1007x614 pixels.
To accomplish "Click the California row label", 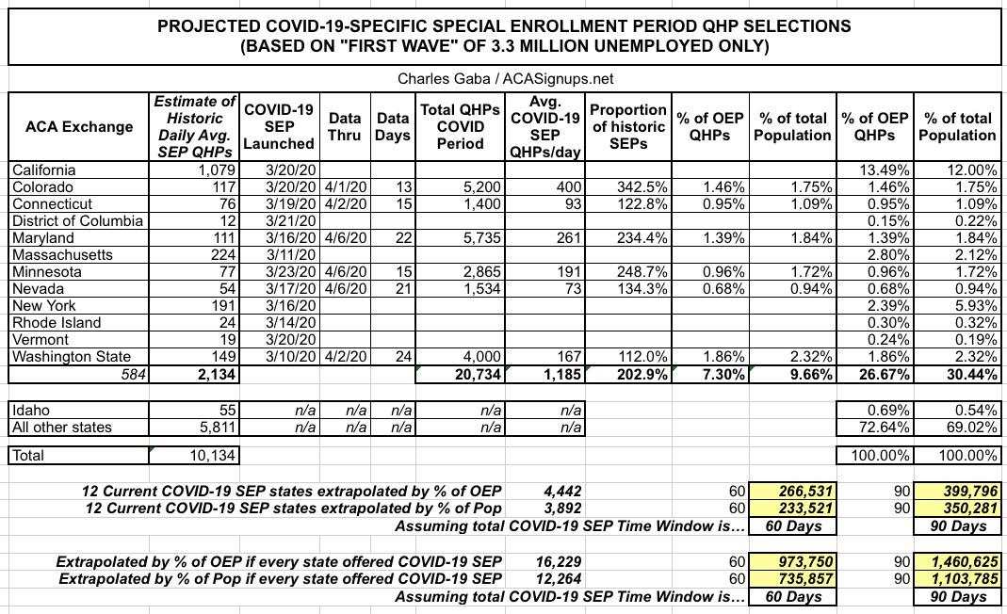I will (43, 170).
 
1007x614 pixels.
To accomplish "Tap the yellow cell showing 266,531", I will (799, 491).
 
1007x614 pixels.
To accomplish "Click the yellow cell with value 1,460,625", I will (958, 561).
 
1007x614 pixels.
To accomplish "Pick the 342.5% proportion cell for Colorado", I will (627, 187).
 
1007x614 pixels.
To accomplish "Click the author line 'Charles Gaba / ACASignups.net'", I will (505, 79).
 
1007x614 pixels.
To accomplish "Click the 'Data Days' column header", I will (393, 126).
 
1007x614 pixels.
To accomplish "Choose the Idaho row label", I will (30, 411).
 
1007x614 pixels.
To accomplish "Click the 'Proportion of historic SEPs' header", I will (627, 126).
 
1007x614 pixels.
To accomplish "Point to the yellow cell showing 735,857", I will (799, 578).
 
